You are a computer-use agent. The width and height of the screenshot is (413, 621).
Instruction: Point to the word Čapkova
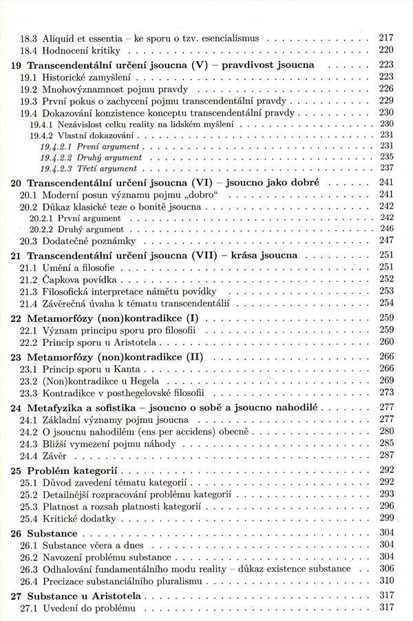[63, 279]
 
